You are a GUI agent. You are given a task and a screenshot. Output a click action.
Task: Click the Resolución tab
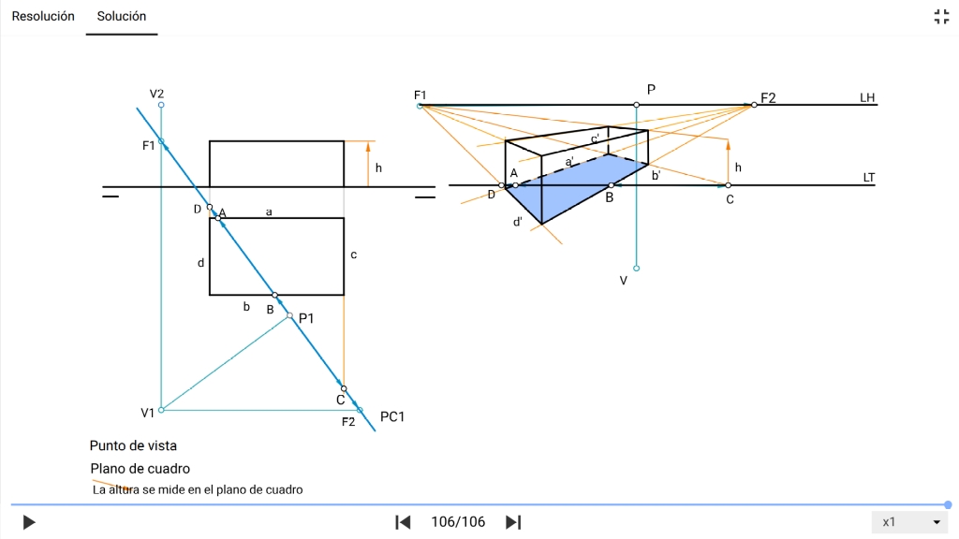pyautogui.click(x=43, y=16)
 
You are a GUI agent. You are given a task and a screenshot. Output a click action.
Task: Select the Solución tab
pyautogui.click(x=122, y=16)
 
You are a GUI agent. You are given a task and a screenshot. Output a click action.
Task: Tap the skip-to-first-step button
pyautogui.click(x=403, y=522)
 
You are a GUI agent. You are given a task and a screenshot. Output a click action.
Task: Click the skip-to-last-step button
pyautogui.click(x=513, y=522)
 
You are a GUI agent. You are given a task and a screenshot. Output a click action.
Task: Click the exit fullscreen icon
pyautogui.click(x=941, y=16)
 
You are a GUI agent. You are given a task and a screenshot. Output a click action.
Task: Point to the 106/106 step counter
pyautogui.click(x=458, y=522)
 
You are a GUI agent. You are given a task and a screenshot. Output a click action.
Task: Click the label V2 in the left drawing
pyautogui.click(x=156, y=94)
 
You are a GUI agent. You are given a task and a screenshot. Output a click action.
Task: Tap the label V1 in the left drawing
pyautogui.click(x=148, y=413)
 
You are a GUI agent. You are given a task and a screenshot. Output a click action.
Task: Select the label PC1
pyautogui.click(x=392, y=416)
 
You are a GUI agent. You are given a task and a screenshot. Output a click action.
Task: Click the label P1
pyautogui.click(x=306, y=318)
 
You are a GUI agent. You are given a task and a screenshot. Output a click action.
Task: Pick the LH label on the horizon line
pyautogui.click(x=867, y=98)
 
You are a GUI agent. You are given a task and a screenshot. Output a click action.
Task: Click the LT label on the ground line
pyautogui.click(x=868, y=177)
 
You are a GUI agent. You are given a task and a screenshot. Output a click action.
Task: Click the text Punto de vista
pyautogui.click(x=133, y=446)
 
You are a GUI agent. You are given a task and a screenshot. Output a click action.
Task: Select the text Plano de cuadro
pyautogui.click(x=140, y=469)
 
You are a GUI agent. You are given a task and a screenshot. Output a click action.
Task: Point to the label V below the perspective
pyautogui.click(x=624, y=280)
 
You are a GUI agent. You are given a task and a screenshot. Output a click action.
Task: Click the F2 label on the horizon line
pyautogui.click(x=768, y=97)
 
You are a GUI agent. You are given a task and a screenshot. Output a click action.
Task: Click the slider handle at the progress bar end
pyautogui.click(x=948, y=504)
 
